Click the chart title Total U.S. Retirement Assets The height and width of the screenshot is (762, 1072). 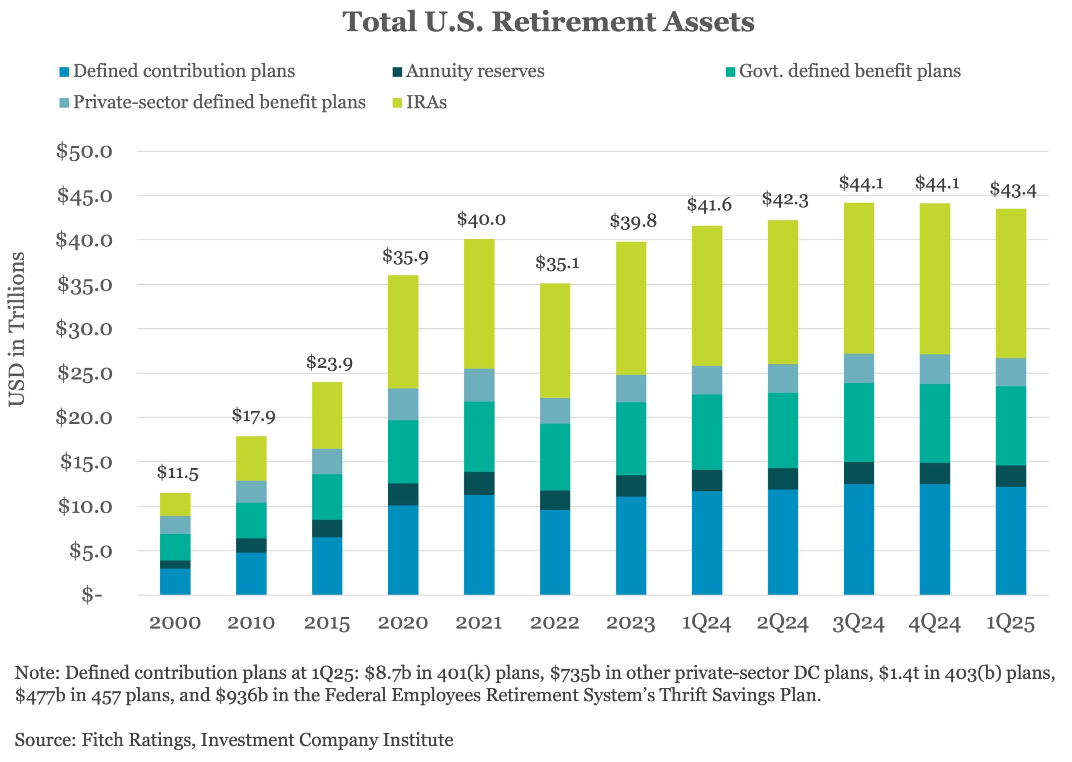(x=548, y=22)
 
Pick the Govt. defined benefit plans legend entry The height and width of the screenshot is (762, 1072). (x=849, y=71)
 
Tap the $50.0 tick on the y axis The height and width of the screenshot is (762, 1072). (x=85, y=152)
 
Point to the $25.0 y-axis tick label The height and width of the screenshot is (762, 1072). (x=85, y=373)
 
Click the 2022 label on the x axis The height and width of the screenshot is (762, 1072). (x=554, y=623)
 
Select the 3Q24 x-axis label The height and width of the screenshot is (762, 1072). (x=858, y=623)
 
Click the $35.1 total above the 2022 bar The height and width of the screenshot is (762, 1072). (x=557, y=263)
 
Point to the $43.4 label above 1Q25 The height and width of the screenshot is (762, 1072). (x=1013, y=190)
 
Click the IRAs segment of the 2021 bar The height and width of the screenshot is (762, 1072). (x=479, y=304)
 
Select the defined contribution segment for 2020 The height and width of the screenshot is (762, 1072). (x=403, y=550)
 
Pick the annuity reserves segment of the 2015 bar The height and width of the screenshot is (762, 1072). (x=327, y=528)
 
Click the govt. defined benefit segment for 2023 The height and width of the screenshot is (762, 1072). (x=631, y=439)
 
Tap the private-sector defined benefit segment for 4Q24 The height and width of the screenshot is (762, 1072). (x=935, y=369)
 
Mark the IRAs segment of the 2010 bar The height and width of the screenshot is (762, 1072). (x=251, y=458)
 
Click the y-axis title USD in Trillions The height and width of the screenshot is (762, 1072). (x=17, y=328)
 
